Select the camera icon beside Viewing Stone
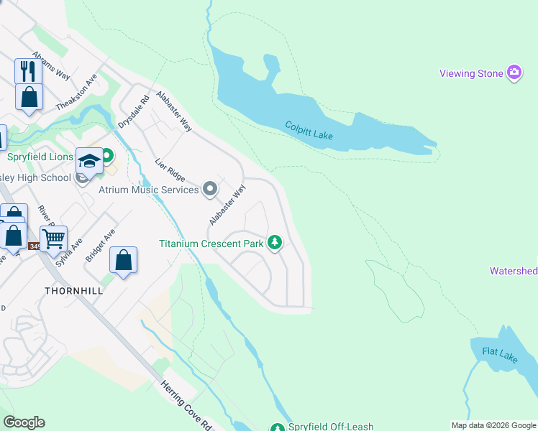514,73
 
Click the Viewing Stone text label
470,73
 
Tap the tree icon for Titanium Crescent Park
274,244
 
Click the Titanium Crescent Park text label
211,244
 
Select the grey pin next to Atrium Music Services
210,189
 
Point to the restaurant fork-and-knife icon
28,70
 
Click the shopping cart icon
53,237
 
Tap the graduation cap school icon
89,161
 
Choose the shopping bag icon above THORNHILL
123,259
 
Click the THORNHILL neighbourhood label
73,291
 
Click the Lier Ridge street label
170,170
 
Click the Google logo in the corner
24,422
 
